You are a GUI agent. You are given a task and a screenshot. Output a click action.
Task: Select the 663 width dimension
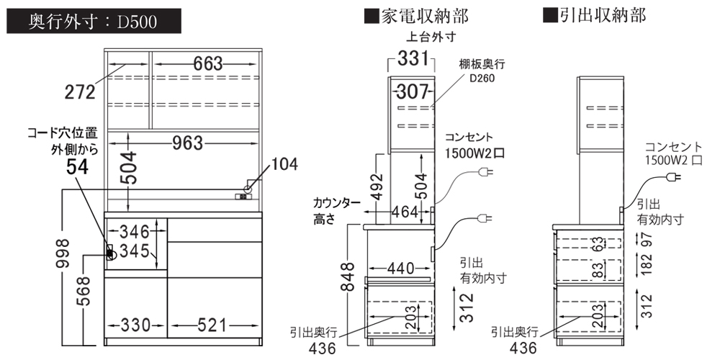coord(207,64)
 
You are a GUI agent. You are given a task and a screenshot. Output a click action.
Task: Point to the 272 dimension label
coord(80,91)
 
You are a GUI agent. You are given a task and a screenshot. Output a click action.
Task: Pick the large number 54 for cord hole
coord(78,167)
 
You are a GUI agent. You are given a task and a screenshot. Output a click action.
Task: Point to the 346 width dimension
coord(134,232)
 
